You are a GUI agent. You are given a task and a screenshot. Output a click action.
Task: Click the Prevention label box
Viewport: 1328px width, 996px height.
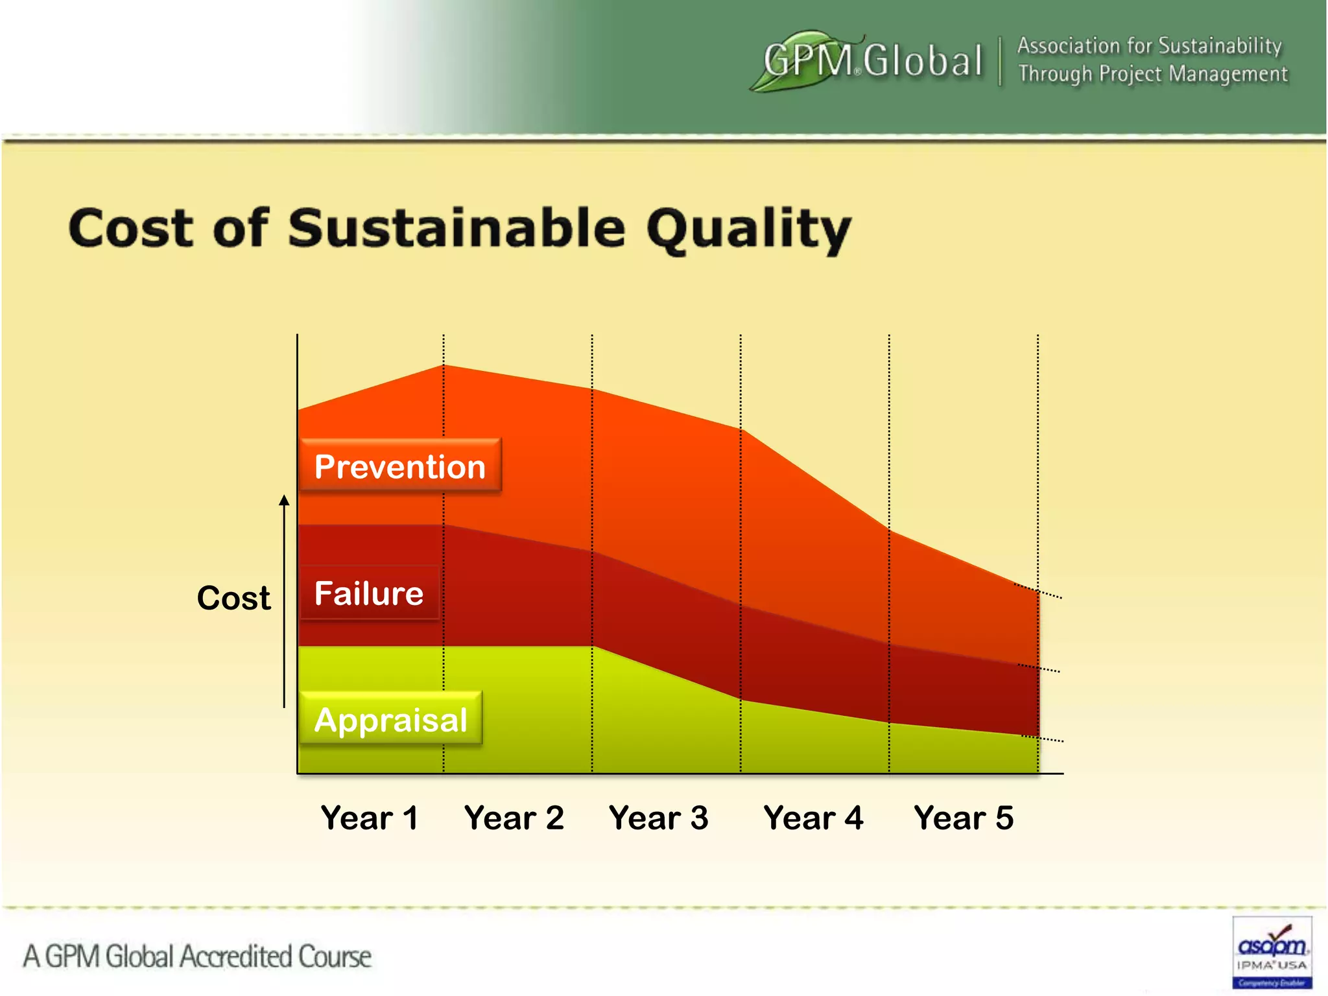click(x=400, y=467)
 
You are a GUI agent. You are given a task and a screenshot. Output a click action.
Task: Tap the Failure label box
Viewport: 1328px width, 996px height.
click(x=369, y=593)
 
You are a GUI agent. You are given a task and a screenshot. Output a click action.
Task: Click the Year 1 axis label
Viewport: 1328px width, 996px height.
click(x=369, y=818)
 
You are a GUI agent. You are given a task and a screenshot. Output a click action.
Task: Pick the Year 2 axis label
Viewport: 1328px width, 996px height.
click(x=514, y=818)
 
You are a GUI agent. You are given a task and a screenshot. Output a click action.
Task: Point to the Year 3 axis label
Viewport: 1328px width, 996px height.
click(x=658, y=818)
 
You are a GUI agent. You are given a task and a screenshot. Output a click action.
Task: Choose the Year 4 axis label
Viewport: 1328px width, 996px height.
click(x=813, y=818)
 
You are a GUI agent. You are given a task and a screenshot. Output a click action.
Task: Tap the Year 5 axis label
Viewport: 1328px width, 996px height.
click(x=963, y=818)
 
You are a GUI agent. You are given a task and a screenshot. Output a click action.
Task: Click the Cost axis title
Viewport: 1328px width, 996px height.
click(x=233, y=598)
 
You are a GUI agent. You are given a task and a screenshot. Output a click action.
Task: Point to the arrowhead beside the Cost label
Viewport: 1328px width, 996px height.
click(x=284, y=500)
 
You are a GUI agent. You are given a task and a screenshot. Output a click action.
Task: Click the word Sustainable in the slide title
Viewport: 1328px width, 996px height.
click(x=456, y=228)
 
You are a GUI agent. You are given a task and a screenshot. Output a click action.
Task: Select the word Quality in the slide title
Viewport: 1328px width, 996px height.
click(x=748, y=230)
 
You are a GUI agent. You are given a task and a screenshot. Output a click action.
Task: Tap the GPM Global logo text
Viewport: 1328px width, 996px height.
click(x=872, y=61)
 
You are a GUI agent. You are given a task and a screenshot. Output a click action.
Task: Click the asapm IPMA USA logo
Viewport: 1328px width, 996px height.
click(x=1272, y=952)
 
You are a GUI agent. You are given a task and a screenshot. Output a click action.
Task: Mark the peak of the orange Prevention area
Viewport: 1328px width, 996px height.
click(x=444, y=366)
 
